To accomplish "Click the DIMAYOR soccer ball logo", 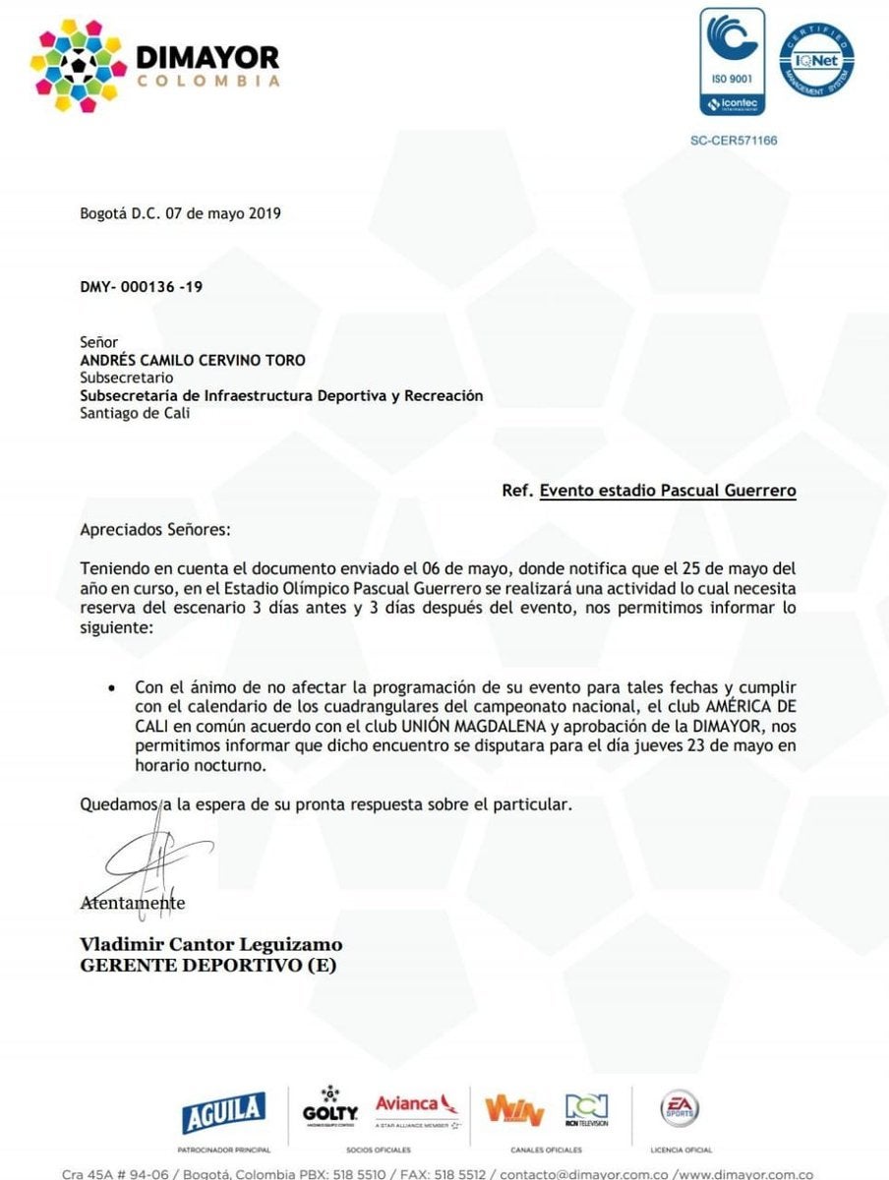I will (x=79, y=65).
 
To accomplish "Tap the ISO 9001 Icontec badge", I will (x=732, y=61).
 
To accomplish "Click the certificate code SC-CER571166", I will (x=734, y=141).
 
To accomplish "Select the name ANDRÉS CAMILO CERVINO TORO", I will (x=193, y=360).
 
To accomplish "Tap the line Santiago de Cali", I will (x=135, y=413).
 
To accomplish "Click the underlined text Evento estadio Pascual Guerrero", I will (x=668, y=489).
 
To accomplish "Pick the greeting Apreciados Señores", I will (x=154, y=529).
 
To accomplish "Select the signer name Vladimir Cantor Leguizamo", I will (x=211, y=944).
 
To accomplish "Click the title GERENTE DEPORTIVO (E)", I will (x=207, y=966).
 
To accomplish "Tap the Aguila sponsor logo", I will (x=223, y=1112).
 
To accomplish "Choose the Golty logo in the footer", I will (x=330, y=1109).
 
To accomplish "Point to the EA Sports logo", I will (x=680, y=1109).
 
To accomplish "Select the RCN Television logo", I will (x=586, y=1110).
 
